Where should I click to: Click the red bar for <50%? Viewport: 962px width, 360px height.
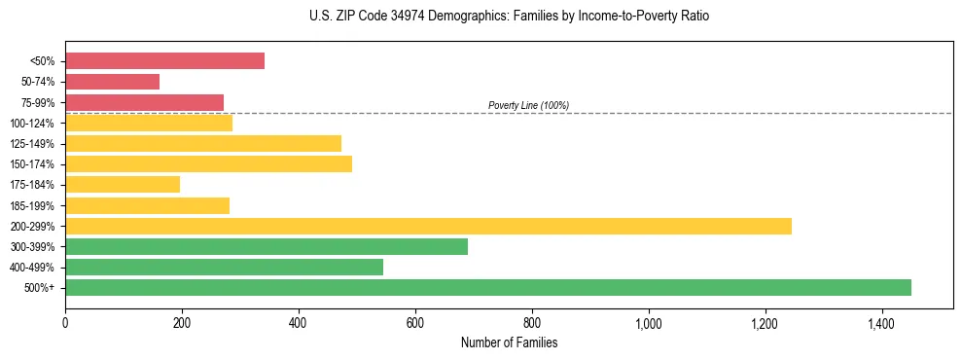click(164, 61)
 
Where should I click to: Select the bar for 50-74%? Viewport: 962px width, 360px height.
click(112, 82)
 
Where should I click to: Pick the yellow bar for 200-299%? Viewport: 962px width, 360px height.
click(428, 226)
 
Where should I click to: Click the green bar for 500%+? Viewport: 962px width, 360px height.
click(487, 287)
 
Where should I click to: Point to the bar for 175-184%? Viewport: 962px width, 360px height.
click(123, 184)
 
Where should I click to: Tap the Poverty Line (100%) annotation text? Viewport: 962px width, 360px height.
click(528, 105)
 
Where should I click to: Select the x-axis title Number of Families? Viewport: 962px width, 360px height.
click(509, 342)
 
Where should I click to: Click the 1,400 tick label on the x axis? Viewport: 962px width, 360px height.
click(881, 323)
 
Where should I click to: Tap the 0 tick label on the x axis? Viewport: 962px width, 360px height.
click(65, 323)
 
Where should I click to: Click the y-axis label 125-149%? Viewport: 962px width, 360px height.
click(32, 144)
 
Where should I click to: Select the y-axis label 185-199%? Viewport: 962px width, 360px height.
click(32, 205)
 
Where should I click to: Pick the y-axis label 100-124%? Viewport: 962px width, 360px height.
click(32, 124)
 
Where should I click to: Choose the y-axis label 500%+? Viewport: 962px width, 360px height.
click(40, 288)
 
